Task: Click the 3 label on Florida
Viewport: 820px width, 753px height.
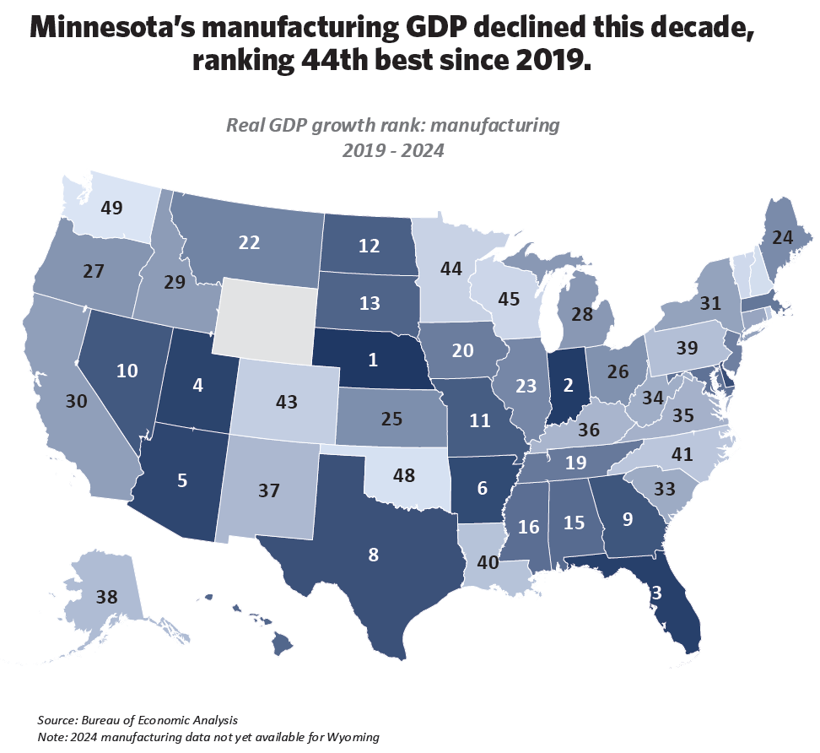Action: pyautogui.click(x=655, y=594)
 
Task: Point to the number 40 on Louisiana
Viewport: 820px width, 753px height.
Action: pyautogui.click(x=488, y=564)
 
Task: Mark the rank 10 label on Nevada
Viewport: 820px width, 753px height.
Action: pyautogui.click(x=128, y=371)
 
